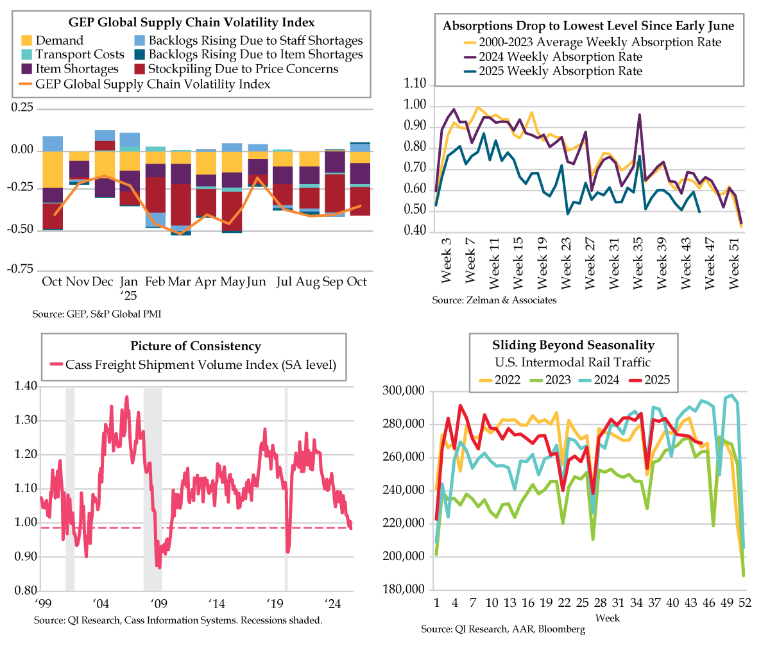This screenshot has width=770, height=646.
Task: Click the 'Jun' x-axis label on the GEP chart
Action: tap(257, 282)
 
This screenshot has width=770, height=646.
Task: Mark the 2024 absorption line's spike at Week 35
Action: tap(639, 115)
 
